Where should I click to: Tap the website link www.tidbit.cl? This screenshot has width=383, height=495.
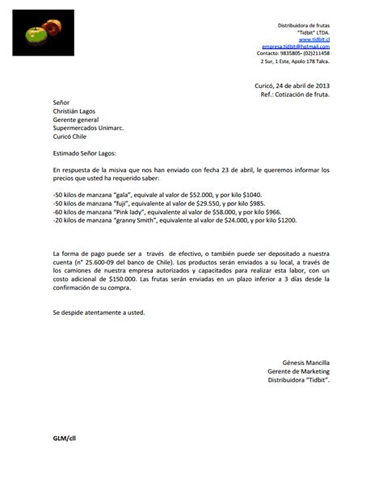(314, 39)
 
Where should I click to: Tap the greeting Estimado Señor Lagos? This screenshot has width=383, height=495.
(84, 152)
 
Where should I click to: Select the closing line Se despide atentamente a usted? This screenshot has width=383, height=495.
(99, 312)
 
